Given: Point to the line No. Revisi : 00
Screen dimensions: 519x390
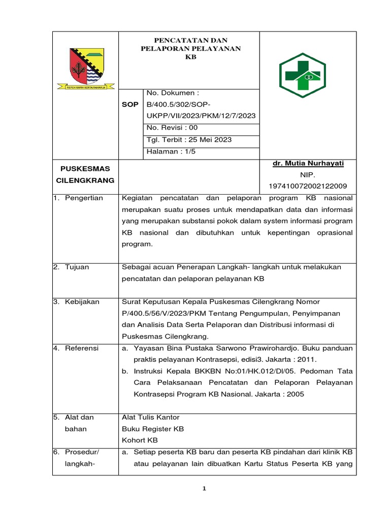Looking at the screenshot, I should tap(172, 128).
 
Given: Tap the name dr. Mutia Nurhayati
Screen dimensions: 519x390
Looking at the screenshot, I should tap(308, 163).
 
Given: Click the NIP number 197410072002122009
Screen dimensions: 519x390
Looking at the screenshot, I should tap(308, 186).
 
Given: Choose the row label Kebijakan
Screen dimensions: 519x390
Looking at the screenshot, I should tap(82, 302).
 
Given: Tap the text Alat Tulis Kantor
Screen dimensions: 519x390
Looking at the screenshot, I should tap(151, 417).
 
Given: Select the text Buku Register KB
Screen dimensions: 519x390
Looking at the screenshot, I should tap(153, 429).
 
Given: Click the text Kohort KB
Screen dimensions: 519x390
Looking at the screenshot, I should tap(140, 440).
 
